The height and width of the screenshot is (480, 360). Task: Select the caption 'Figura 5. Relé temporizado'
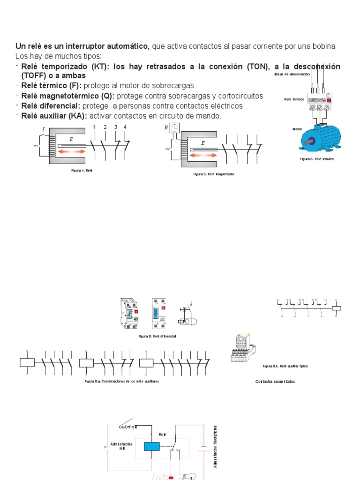tap(213, 174)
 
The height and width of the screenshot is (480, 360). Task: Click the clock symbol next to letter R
tap(174, 127)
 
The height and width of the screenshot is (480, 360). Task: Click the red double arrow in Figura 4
tap(72, 151)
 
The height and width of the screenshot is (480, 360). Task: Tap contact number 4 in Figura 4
tap(125, 127)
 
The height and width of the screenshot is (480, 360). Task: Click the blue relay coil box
tap(152, 447)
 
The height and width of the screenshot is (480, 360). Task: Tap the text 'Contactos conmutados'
tap(275, 382)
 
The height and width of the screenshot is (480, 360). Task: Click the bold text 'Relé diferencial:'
tap(51, 106)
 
